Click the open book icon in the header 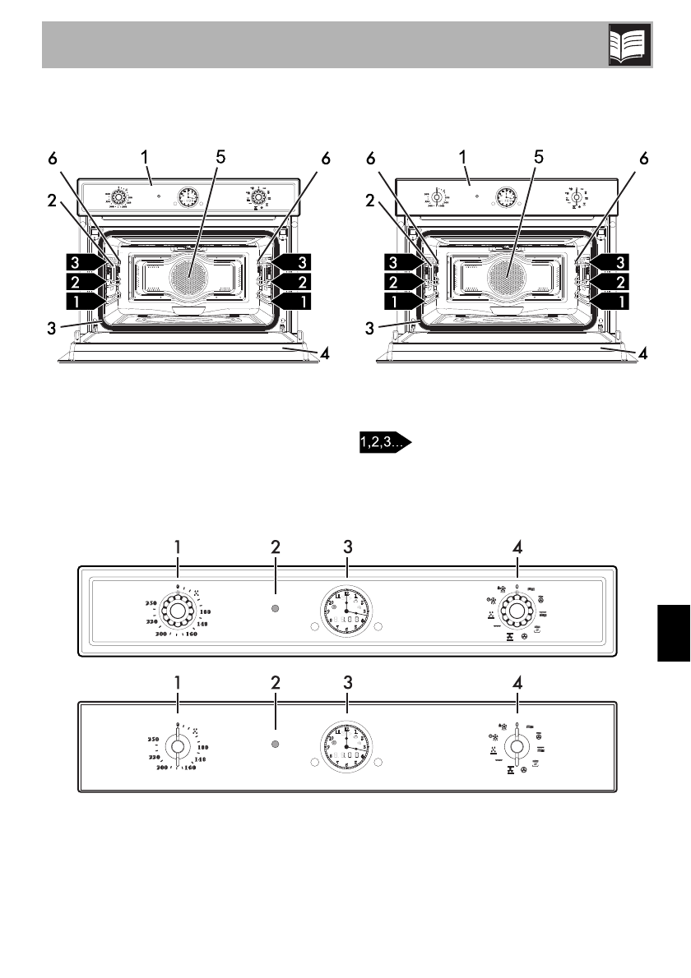[x=630, y=44]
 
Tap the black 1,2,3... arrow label [x=384, y=443]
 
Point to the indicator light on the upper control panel [x=276, y=609]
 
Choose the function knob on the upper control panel [x=516, y=611]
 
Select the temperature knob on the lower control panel [x=178, y=745]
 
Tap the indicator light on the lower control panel [x=276, y=744]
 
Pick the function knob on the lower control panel [x=516, y=746]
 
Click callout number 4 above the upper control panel [x=517, y=546]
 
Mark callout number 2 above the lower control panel [x=276, y=680]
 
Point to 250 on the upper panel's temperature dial [x=151, y=604]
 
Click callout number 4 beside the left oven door [x=326, y=355]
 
